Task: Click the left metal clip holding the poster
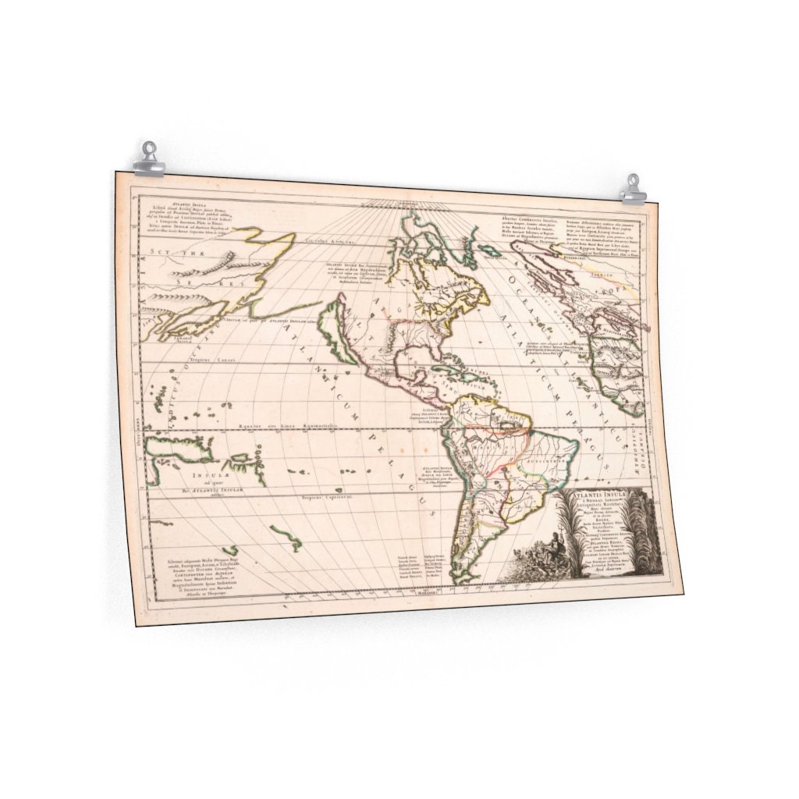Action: click(147, 159)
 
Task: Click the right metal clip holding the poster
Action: click(633, 190)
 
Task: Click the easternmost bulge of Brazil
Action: click(577, 446)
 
